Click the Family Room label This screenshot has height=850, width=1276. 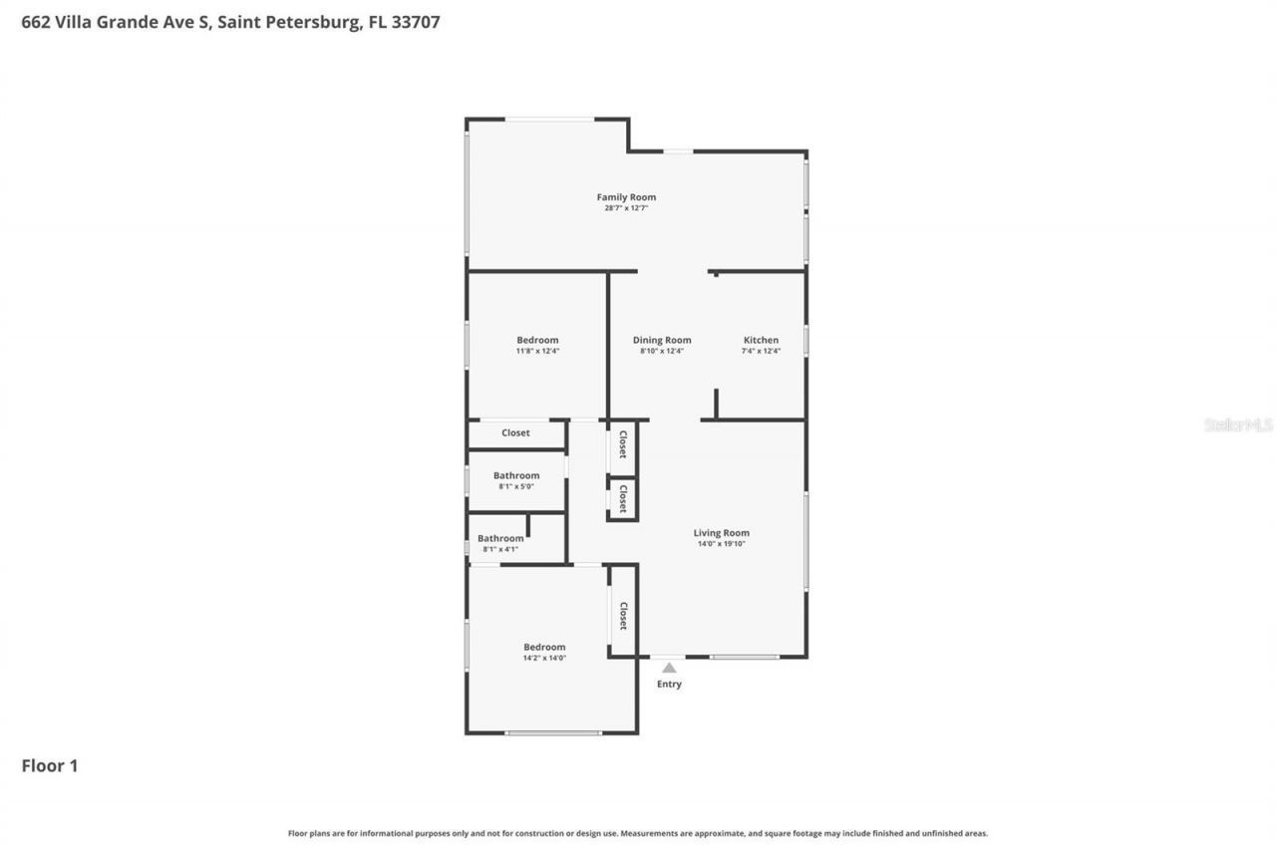626,197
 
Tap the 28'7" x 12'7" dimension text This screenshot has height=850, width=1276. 626,208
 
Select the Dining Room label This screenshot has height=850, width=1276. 662,340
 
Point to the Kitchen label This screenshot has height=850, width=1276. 761,340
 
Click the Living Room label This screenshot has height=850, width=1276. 721,533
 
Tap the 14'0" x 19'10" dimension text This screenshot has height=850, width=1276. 721,544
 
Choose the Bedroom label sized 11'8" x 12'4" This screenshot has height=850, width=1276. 537,340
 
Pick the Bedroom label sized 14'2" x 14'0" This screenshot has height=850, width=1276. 544,647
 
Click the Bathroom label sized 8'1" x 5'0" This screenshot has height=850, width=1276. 516,475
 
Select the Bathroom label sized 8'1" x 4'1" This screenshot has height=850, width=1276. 500,538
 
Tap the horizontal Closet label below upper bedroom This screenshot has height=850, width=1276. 515,432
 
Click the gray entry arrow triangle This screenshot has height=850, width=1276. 669,668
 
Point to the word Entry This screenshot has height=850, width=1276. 669,685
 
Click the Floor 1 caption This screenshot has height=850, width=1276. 49,766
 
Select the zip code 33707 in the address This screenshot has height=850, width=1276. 416,21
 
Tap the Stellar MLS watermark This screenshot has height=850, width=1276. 1238,425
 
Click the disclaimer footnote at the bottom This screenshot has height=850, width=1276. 638,833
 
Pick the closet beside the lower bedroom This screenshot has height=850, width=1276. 623,615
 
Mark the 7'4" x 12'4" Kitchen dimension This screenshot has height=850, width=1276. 761,351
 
